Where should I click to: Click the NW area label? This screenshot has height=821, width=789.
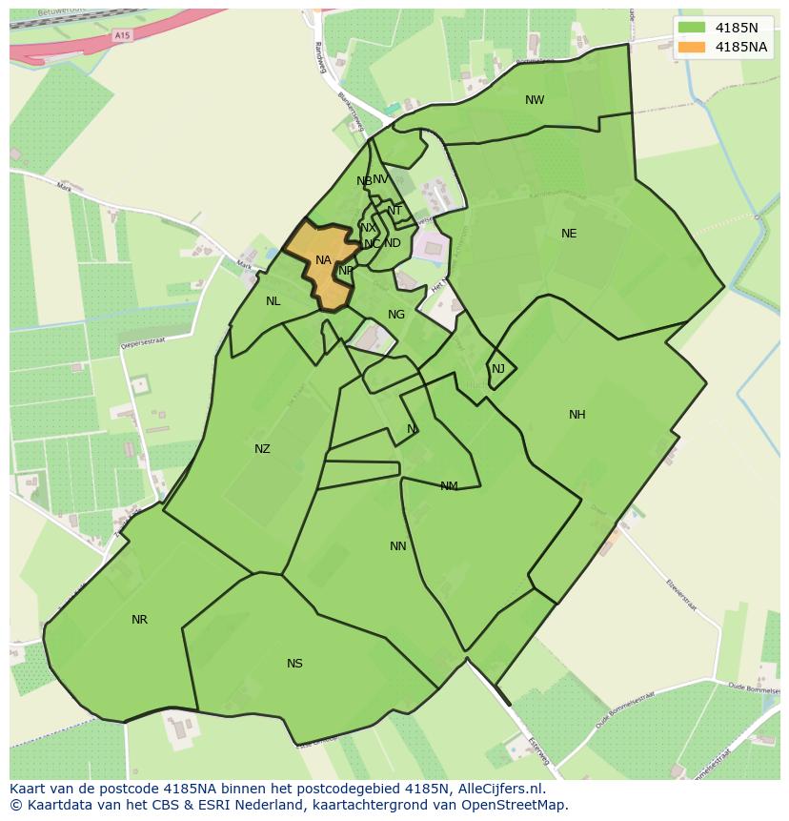535,100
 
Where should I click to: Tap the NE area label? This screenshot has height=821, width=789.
569,234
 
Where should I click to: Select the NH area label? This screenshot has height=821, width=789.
577,415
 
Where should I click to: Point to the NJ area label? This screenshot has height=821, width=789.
498,369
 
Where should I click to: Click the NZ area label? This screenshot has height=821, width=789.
262,449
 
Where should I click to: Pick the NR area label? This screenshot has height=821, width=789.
139,620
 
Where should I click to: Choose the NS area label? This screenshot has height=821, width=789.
294,664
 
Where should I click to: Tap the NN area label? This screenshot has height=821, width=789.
398,546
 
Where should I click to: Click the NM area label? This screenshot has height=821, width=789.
449,486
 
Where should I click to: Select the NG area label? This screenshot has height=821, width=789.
396,315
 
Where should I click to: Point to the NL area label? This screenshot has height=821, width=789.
273,301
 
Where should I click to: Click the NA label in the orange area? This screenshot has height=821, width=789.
323,260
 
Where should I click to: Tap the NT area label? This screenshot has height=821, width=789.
394,211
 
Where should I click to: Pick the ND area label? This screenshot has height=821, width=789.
393,243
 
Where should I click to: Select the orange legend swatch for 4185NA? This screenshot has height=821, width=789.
692,47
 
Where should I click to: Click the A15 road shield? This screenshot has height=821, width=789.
121,35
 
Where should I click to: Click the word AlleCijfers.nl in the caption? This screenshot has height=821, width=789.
499,789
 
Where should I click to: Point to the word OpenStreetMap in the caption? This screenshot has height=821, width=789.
520,805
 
